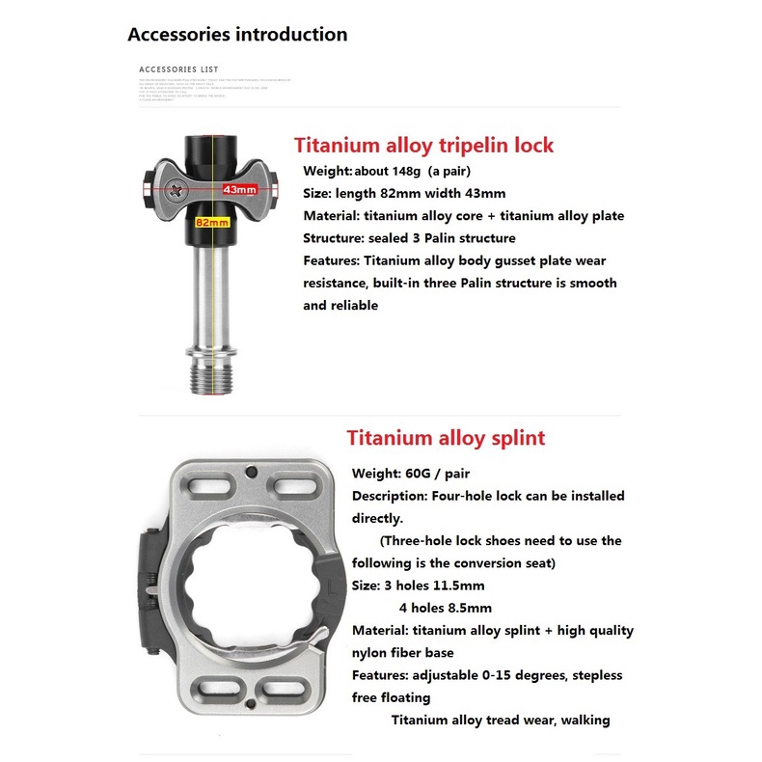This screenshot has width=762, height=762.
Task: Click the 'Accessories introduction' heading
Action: pos(237,35)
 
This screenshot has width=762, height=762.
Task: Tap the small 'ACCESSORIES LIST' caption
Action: pos(178,69)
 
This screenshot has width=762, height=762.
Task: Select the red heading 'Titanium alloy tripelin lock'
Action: pos(423,146)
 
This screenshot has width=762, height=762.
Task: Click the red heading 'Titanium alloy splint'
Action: pos(446,438)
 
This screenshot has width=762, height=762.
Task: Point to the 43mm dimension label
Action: pos(238,189)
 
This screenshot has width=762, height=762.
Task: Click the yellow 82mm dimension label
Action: pos(211,222)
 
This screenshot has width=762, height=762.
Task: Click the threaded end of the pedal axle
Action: pos(210,377)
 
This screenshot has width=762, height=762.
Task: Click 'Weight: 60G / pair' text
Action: pos(410,474)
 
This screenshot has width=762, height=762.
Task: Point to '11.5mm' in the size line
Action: pos(460,585)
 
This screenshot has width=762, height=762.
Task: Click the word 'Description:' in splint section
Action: pos(390,496)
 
